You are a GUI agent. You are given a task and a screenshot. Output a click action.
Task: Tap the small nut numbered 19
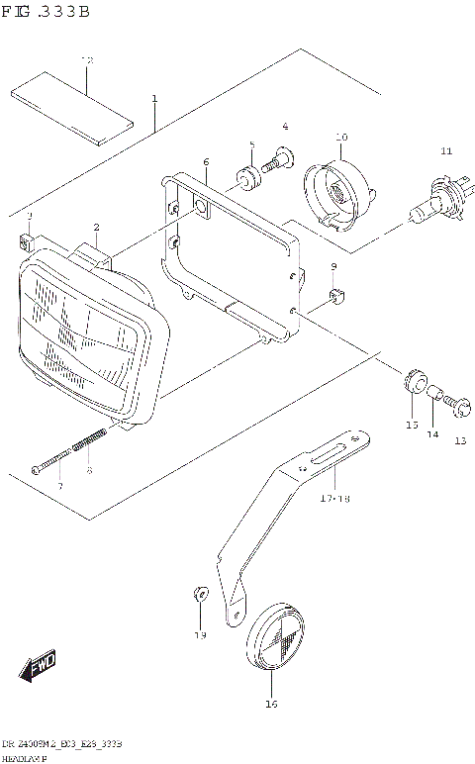[x=198, y=594]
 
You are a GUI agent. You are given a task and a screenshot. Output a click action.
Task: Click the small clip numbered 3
[x=28, y=239]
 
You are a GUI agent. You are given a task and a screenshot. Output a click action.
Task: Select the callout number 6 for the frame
[x=206, y=161]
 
